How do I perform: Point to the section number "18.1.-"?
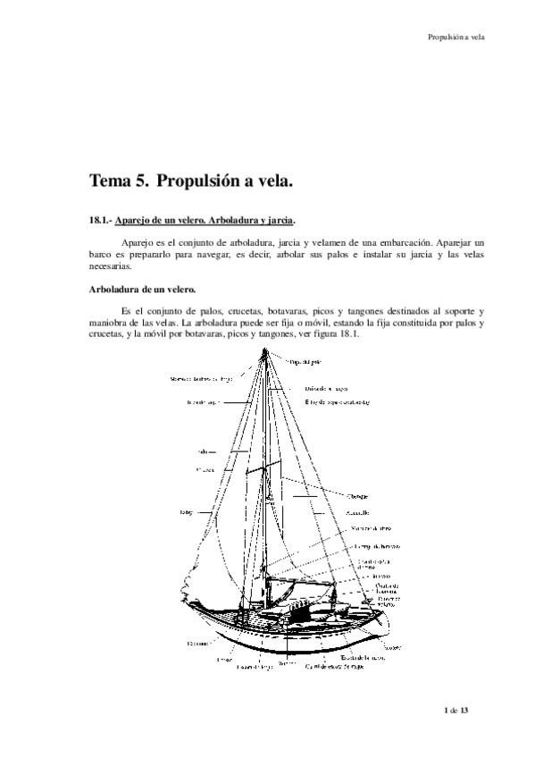coord(104,221)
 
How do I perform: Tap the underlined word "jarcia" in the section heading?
coord(277,221)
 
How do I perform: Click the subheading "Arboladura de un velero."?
coord(143,290)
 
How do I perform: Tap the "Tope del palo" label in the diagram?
coord(305,362)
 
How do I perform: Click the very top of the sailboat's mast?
coord(266,351)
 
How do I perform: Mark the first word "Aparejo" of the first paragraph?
coord(138,242)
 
